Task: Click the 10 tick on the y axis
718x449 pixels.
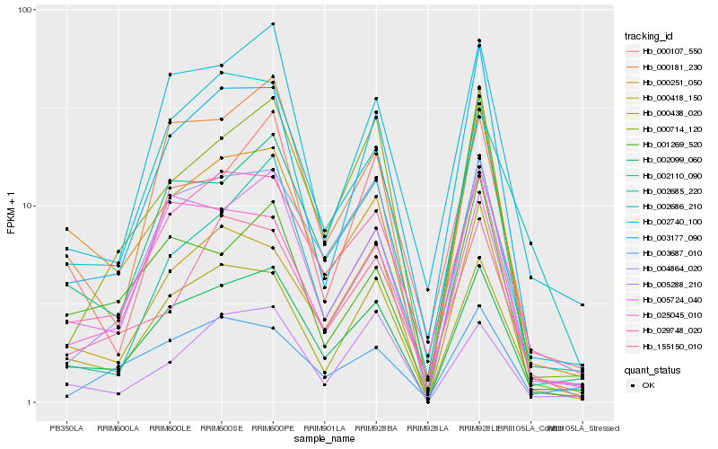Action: pos(28,206)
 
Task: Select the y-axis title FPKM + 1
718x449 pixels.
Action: pos(11,206)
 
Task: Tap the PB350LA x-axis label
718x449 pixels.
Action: pos(66,427)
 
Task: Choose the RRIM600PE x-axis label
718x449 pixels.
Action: pos(273,427)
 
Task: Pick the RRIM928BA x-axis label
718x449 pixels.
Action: pos(376,427)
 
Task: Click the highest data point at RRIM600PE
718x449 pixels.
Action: pos(273,24)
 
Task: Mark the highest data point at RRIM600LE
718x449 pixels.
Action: pos(170,75)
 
